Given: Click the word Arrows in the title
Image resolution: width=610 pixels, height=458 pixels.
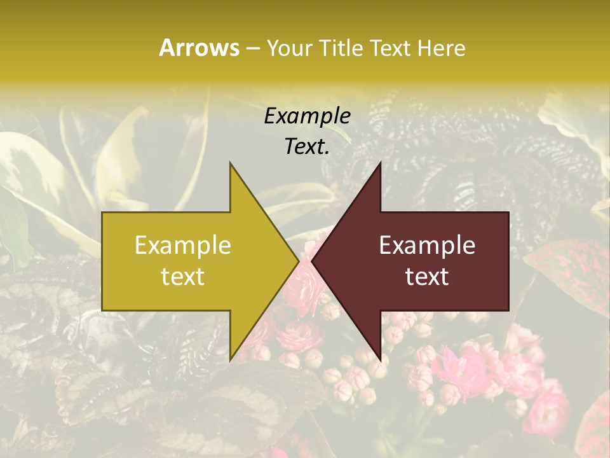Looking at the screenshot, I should tap(199, 48).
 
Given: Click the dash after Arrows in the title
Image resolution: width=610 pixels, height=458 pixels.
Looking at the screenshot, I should tap(252, 48).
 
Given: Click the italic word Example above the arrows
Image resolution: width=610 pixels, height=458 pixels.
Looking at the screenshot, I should tap(307, 116).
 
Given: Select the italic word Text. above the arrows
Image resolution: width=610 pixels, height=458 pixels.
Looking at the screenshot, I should tap(307, 146).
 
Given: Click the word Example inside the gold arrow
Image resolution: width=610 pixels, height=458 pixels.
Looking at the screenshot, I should tap(183, 246).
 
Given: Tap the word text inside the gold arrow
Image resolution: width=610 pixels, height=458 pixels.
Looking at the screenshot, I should tap(183, 277).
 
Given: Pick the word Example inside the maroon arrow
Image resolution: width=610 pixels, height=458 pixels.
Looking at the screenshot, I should tap(427, 246).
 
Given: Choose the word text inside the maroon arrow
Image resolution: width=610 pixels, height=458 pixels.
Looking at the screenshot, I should tap(427, 277).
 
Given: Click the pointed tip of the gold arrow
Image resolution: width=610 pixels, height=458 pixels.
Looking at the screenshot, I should tap(299, 261).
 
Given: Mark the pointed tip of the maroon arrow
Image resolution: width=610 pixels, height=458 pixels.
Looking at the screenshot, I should tap(312, 261).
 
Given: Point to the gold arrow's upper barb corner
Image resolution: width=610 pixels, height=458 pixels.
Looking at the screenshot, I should tap(231, 163).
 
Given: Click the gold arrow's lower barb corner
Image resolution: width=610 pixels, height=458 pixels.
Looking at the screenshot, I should tap(231, 360).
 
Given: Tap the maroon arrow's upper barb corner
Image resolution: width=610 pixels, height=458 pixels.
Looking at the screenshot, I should tap(380, 163).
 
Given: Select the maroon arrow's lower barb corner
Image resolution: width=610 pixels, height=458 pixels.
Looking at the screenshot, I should tap(380, 360).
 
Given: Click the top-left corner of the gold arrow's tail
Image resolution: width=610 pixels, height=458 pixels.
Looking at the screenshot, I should tap(103, 212).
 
